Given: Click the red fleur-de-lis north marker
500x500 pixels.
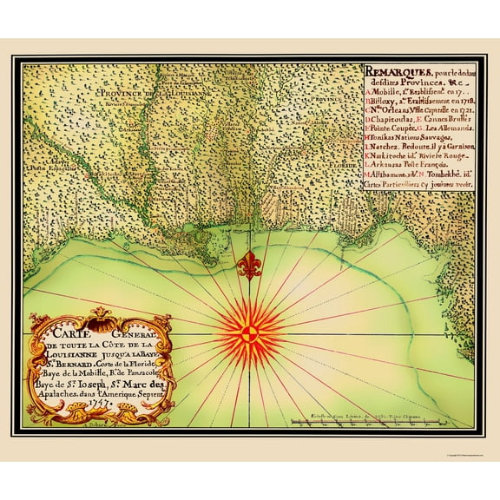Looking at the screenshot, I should (251, 264).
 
